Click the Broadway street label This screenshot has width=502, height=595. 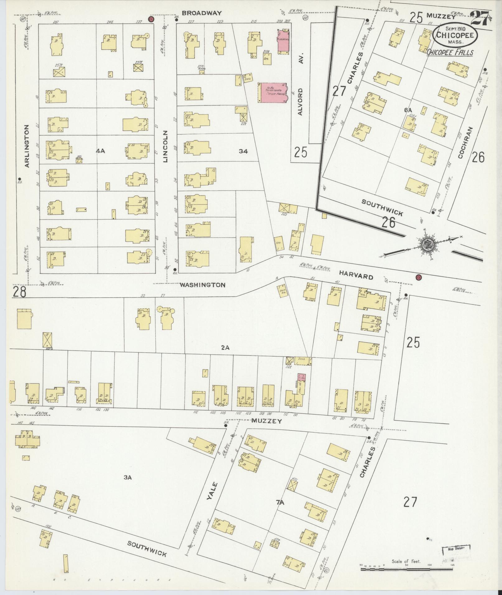202,13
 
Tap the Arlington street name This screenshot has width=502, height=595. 27,146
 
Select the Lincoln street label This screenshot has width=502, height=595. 166,146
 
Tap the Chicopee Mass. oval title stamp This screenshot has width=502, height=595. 455,35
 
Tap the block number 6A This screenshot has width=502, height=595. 408,110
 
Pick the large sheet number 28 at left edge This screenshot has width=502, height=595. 19,292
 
